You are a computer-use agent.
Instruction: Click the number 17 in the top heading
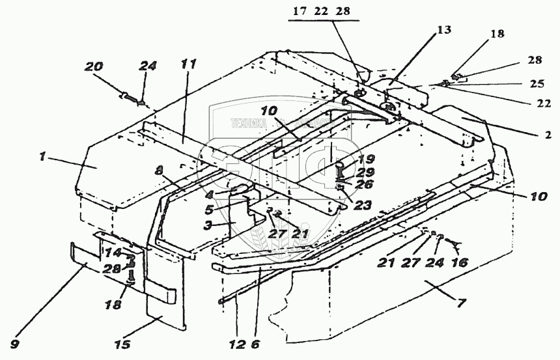pyautogui.click(x=298, y=10)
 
